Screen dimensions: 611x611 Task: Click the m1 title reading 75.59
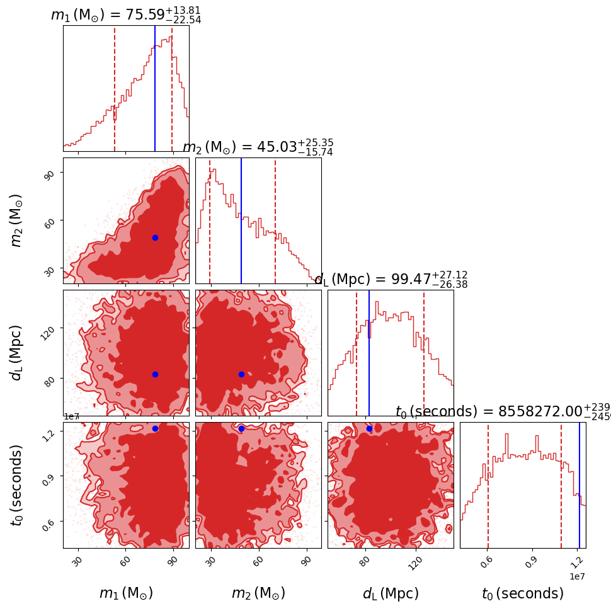click(126, 15)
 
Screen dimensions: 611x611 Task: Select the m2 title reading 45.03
click(258, 147)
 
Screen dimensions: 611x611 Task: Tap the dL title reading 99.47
click(391, 279)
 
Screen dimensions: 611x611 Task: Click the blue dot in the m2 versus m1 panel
click(155, 237)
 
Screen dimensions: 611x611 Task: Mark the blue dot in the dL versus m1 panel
click(155, 374)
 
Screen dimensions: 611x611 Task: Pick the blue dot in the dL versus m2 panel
click(241, 374)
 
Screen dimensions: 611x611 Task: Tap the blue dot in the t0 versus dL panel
click(369, 428)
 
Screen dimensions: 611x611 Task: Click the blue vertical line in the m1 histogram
click(155, 88)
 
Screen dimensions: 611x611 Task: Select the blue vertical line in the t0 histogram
click(580, 485)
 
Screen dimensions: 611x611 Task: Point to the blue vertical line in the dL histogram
click(369, 353)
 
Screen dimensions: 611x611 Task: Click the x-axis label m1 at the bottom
click(126, 593)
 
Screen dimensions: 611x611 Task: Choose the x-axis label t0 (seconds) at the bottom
click(523, 593)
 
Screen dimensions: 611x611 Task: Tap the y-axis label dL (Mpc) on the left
click(17, 353)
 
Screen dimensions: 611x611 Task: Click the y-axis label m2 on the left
click(17, 220)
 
